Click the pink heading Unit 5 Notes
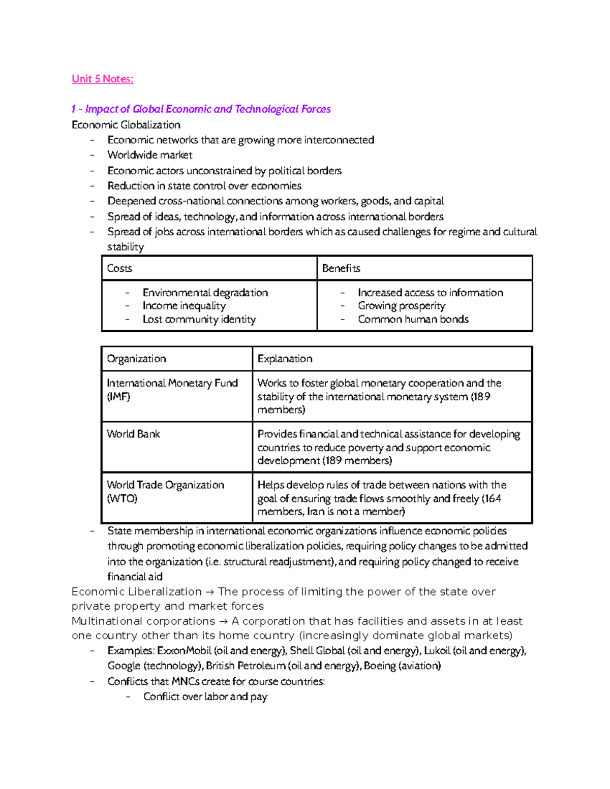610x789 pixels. pos(102,79)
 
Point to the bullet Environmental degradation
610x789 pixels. pos(205,293)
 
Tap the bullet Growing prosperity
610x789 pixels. pos(401,306)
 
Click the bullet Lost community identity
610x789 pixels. pos(199,320)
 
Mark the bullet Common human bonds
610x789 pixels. pos(413,320)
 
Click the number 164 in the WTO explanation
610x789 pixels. pos(492,498)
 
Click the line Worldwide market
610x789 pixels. pos(150,155)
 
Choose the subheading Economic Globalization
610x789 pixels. pos(126,125)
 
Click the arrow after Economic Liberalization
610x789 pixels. pos(209,592)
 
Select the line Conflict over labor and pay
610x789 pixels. pos(205,697)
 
